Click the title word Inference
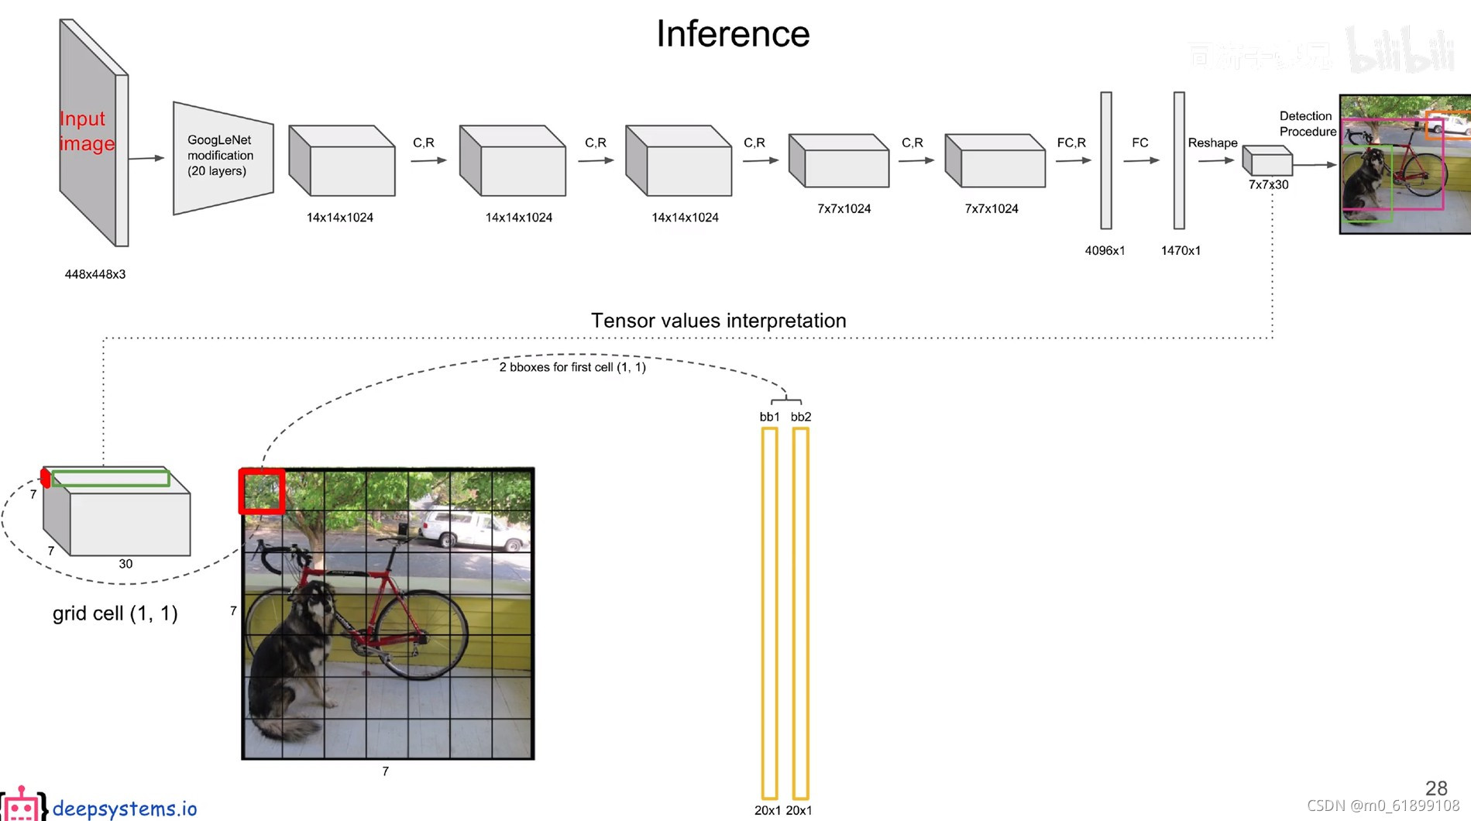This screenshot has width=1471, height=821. [x=733, y=34]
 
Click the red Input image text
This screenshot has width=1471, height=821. [x=87, y=131]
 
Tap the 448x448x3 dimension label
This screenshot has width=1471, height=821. [x=95, y=274]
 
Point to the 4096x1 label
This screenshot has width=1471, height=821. [x=1105, y=250]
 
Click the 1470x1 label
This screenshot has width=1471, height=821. [x=1181, y=250]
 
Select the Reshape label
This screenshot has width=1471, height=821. [x=1212, y=143]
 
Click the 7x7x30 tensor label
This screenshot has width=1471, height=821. [x=1268, y=184]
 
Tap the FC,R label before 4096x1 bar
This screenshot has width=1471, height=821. [x=1071, y=143]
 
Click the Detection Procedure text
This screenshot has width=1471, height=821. [x=1307, y=124]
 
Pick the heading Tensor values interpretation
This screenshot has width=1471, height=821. [x=718, y=321]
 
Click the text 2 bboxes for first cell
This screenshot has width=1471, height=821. [x=572, y=367]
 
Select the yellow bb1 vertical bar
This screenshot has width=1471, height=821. [x=769, y=612]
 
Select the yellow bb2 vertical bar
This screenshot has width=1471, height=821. [x=801, y=612]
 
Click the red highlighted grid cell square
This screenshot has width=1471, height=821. [x=262, y=491]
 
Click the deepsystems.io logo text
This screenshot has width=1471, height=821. [x=124, y=809]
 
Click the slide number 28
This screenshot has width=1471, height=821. [x=1436, y=788]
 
